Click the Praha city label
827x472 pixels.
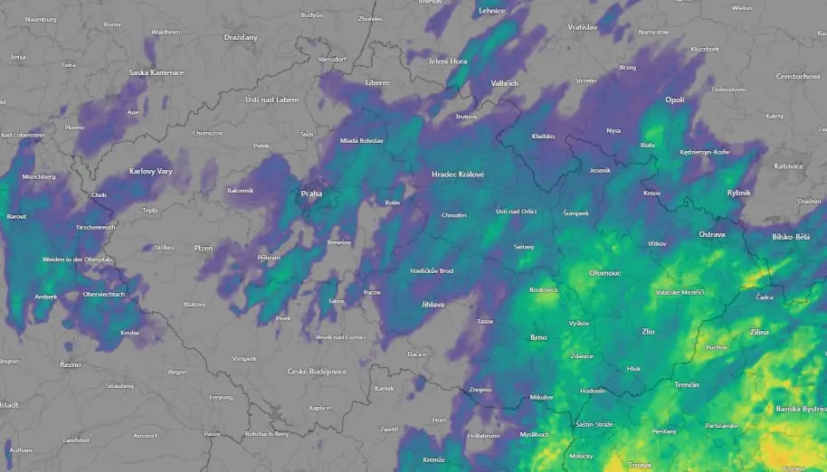(x=311, y=194)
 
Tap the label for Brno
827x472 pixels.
(x=538, y=337)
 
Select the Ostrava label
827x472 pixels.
(x=712, y=234)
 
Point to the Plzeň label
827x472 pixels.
(x=204, y=248)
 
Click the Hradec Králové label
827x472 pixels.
(x=458, y=175)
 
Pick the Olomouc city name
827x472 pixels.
(x=605, y=272)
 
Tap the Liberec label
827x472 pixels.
(x=377, y=82)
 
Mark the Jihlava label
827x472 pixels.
(x=433, y=305)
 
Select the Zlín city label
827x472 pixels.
(x=648, y=332)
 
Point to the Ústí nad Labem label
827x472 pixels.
(x=271, y=99)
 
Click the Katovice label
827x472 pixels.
(x=788, y=166)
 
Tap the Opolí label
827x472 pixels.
(x=675, y=99)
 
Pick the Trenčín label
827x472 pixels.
(x=687, y=384)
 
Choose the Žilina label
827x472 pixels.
(x=759, y=333)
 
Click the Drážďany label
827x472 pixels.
(x=241, y=37)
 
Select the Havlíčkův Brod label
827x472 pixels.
(x=432, y=271)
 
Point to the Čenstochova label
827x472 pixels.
(x=798, y=77)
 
